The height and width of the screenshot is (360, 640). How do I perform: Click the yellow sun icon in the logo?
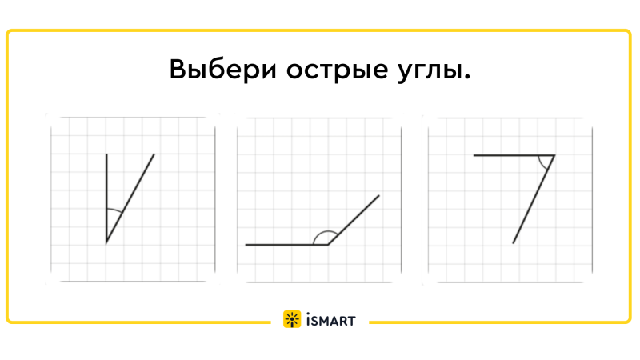click(x=292, y=319)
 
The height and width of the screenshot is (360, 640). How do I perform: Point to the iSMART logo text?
click(x=330, y=321)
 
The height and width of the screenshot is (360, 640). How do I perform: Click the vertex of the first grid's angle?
click(x=106, y=243)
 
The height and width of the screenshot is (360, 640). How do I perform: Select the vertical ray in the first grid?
click(x=106, y=198)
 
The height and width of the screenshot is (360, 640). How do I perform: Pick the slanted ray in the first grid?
click(x=130, y=198)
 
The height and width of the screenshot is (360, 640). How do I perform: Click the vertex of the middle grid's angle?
click(x=328, y=245)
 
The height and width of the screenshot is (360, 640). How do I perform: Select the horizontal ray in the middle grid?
click(x=287, y=245)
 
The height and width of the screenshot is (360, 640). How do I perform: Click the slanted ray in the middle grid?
click(x=354, y=220)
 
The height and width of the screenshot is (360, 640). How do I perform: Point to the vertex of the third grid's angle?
click(x=554, y=155)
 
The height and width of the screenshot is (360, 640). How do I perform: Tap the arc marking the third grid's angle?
click(x=542, y=163)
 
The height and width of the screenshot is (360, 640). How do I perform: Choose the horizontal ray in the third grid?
click(x=514, y=155)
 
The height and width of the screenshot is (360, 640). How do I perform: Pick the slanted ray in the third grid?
click(x=534, y=199)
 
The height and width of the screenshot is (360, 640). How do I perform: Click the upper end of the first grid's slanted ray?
click(x=154, y=154)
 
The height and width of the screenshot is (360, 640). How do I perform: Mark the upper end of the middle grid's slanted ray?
click(x=379, y=195)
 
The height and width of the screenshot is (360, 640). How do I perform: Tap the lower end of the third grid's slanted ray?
click(x=513, y=244)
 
